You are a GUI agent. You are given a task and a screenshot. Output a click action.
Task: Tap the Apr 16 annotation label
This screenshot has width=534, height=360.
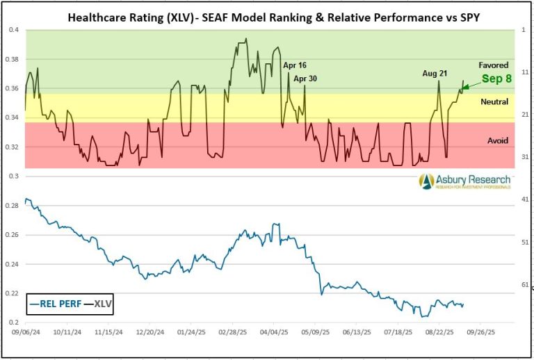pyautogui.click(x=295, y=65)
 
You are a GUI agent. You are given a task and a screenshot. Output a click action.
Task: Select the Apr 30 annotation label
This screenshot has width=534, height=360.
pyautogui.click(x=305, y=79)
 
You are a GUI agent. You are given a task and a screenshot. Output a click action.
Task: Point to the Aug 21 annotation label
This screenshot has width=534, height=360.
pyautogui.click(x=435, y=73)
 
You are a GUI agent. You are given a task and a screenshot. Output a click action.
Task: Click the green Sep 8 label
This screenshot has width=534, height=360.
pyautogui.click(x=496, y=79)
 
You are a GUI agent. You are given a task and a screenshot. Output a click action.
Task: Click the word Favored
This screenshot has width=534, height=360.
pyautogui.click(x=494, y=65)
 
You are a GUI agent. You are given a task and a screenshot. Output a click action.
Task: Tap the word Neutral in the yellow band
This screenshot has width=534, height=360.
pyautogui.click(x=494, y=101)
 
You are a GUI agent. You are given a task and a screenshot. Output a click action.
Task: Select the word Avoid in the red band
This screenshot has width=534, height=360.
pyautogui.click(x=497, y=140)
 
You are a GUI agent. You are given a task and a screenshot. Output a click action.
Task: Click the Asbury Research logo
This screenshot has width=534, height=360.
pyautogui.click(x=464, y=181)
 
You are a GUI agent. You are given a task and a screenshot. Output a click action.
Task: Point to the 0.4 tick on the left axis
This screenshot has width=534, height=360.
pyautogui.click(x=14, y=30)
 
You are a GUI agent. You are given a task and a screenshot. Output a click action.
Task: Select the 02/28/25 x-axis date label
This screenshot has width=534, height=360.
pyautogui.click(x=233, y=334)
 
